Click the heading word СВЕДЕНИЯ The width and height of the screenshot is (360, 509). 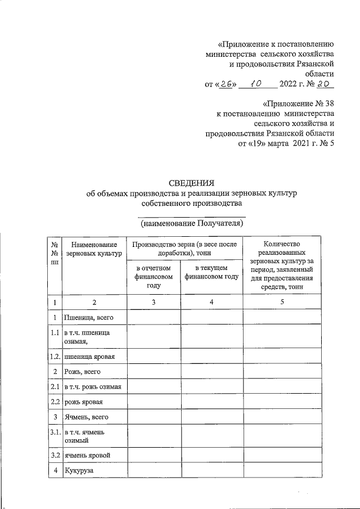click(x=192, y=183)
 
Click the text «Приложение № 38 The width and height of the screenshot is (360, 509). click(x=298, y=104)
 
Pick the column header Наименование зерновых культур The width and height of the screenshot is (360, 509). click(x=94, y=249)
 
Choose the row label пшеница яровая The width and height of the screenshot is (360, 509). click(x=90, y=357)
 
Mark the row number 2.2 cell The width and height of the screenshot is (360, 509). click(x=55, y=402)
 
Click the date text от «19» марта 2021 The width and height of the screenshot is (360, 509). click(x=281, y=143)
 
